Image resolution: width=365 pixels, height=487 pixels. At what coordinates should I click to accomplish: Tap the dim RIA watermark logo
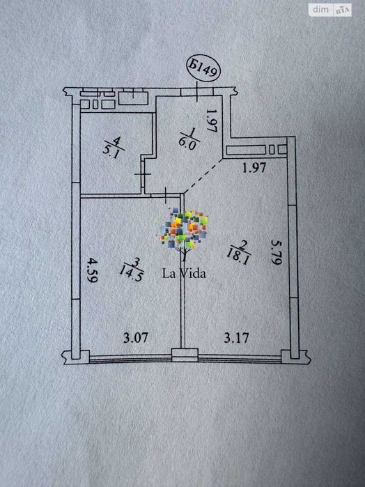[330, 10]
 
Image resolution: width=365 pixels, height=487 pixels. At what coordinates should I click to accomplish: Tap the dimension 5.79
[276, 252]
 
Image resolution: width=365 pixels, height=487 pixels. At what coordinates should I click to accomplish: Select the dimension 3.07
[135, 338]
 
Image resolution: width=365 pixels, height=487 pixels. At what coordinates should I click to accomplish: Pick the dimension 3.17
[237, 338]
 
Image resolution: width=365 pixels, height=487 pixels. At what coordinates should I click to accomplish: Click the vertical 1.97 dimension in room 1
[211, 121]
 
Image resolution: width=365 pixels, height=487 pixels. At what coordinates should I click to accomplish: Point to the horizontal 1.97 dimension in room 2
[254, 168]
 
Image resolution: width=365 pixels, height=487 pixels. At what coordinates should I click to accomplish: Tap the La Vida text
[184, 273]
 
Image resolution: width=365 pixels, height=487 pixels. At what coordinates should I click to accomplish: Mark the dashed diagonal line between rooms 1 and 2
[204, 176]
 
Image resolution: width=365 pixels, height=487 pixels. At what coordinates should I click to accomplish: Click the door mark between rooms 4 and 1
[143, 174]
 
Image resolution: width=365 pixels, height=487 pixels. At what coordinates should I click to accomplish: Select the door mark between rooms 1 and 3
[166, 195]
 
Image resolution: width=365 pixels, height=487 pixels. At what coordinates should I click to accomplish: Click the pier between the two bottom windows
[185, 355]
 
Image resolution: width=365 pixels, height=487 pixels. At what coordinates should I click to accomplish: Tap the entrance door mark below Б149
[197, 92]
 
